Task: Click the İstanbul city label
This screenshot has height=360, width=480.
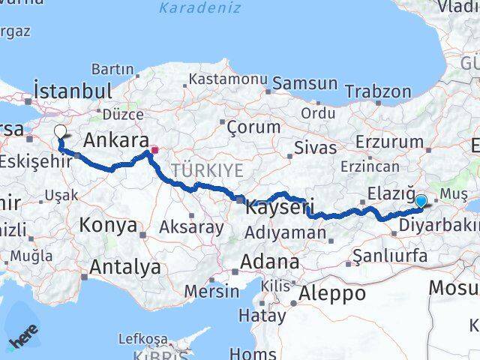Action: pyautogui.click(x=73, y=91)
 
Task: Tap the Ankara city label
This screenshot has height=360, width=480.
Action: pyautogui.click(x=115, y=140)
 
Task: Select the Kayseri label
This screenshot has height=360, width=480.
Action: pyautogui.click(x=278, y=205)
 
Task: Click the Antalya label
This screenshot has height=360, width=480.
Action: pyautogui.click(x=124, y=266)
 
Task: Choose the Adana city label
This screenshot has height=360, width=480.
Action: pyautogui.click(x=270, y=262)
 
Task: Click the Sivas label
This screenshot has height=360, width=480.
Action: pyautogui.click(x=315, y=147)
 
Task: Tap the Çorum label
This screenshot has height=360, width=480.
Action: pyautogui.click(x=253, y=126)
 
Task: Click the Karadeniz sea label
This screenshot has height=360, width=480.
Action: pyautogui.click(x=199, y=8)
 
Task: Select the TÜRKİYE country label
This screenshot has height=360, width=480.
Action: pyautogui.click(x=207, y=170)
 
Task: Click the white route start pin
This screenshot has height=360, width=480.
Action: pyautogui.click(x=61, y=133)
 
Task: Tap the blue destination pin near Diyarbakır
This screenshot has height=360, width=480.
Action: pyautogui.click(x=421, y=201)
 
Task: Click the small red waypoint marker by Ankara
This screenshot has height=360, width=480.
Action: pyautogui.click(x=154, y=150)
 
